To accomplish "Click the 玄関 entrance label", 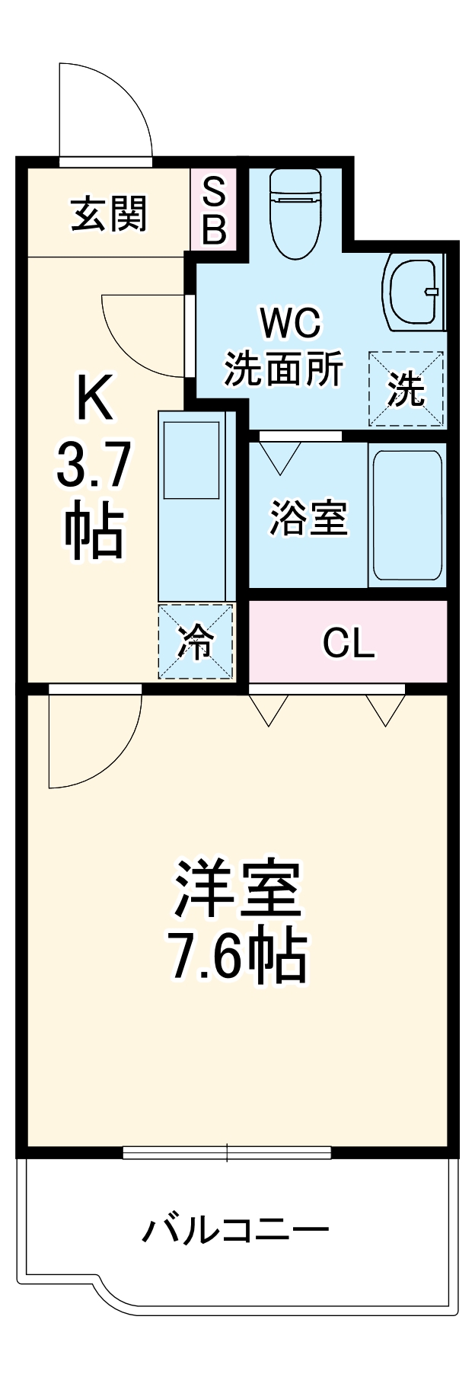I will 109,214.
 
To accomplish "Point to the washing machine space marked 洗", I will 406,389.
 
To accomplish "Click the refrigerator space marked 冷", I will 196,641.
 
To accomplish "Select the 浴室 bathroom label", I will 308,519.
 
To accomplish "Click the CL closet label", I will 348,644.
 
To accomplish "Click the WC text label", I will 290,324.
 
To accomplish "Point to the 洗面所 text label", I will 283,369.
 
